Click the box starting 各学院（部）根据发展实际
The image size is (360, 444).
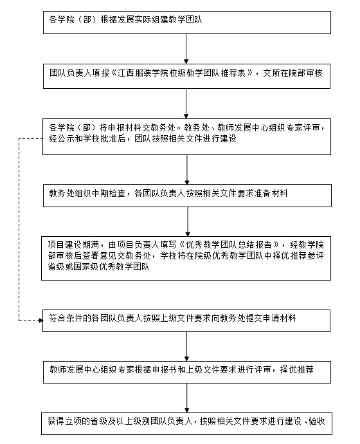(x=187, y=23)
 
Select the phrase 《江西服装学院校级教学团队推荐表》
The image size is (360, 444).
(x=182, y=73)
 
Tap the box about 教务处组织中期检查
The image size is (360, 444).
(x=187, y=196)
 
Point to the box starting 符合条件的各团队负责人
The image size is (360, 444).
(x=186, y=320)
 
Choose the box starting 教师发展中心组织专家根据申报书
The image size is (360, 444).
(x=187, y=372)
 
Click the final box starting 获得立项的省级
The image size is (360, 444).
(x=186, y=423)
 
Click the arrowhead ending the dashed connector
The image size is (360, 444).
(x=40, y=320)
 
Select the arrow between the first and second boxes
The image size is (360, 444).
(x=186, y=49)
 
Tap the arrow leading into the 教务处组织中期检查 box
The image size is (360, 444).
(x=187, y=170)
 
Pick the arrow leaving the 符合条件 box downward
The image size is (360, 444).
(x=186, y=346)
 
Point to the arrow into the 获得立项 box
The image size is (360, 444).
(x=186, y=398)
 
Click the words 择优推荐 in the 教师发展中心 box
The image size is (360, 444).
(x=296, y=369)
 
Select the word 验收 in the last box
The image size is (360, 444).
(x=317, y=421)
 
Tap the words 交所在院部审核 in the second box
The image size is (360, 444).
(x=292, y=73)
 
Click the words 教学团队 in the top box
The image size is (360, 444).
(x=186, y=19)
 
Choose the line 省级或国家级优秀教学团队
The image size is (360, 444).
(x=99, y=266)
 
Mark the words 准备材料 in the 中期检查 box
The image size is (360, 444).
(x=271, y=193)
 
